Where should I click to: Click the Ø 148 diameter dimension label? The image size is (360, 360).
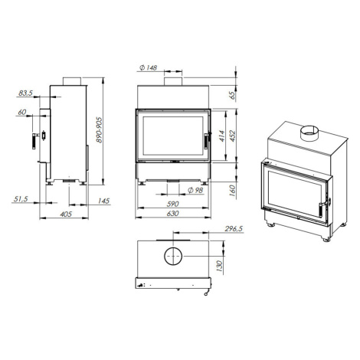tap(149, 67)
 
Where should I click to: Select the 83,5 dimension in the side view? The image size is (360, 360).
tap(25, 93)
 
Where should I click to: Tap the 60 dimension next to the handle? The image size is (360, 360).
tap(22, 112)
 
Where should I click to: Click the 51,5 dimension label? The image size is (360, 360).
tap(21, 198)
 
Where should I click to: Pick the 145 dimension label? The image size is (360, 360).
tap(103, 201)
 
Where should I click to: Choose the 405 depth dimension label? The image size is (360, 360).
tap(66, 214)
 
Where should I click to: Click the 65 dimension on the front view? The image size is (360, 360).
tap(232, 96)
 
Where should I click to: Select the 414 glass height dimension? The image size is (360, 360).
tap(221, 136)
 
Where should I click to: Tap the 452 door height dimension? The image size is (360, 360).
tap(232, 136)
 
